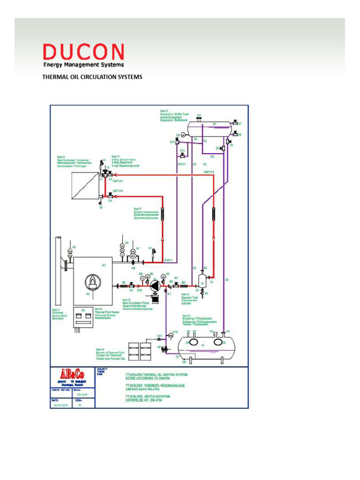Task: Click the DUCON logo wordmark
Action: click(83, 52)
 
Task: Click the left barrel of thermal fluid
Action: click(134, 351)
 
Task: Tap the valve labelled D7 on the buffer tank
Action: click(235, 124)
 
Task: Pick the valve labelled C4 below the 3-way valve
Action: click(110, 195)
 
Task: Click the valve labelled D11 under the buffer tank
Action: click(182, 155)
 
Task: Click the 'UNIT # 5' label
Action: click(209, 172)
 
